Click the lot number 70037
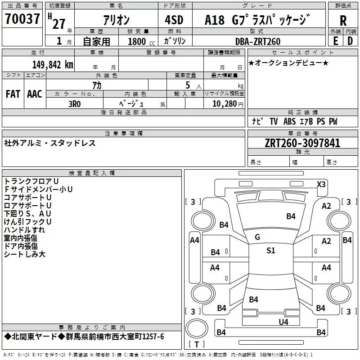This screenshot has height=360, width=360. tap(22, 18)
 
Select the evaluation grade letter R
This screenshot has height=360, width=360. tap(343, 21)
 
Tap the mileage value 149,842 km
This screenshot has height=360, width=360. tap(53, 65)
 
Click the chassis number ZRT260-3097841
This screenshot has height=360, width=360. tap(302, 143)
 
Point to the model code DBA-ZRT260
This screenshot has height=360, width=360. tap(258, 41)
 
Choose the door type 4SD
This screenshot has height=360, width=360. tap(174, 20)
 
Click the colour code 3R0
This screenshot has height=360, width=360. tap(75, 104)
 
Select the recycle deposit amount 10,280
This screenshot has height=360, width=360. tap(225, 104)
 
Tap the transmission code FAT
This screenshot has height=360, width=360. tap(13, 94)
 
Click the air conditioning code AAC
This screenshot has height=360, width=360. tap(35, 94)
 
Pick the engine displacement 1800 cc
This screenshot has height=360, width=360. tap(141, 41)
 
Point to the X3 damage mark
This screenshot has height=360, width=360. tap(321, 184)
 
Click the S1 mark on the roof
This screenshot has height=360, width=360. tap(271, 250)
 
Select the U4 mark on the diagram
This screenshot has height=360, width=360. tap(283, 322)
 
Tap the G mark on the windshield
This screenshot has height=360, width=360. tap(257, 237)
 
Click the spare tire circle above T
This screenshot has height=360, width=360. tap(197, 328)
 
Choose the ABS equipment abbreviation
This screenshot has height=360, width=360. tap(289, 121)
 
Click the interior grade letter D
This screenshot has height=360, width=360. tap(350, 41)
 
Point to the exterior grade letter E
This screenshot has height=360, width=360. tap(336, 41)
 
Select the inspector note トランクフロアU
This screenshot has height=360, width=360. tap(31, 181)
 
